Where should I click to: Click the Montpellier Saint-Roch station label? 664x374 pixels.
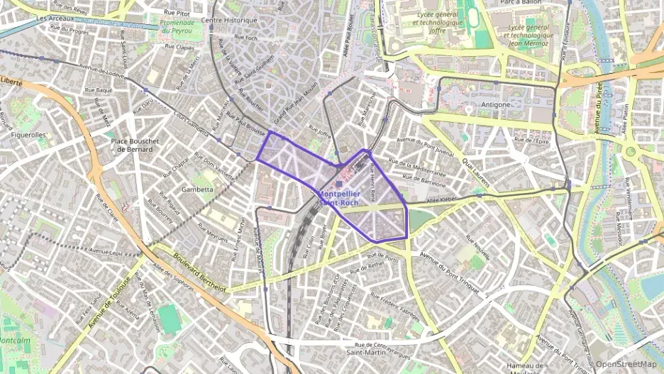(339, 198)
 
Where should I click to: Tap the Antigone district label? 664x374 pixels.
(497, 104)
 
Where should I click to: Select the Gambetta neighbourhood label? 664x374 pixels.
(197, 189)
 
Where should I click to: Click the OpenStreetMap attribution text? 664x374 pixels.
(626, 364)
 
